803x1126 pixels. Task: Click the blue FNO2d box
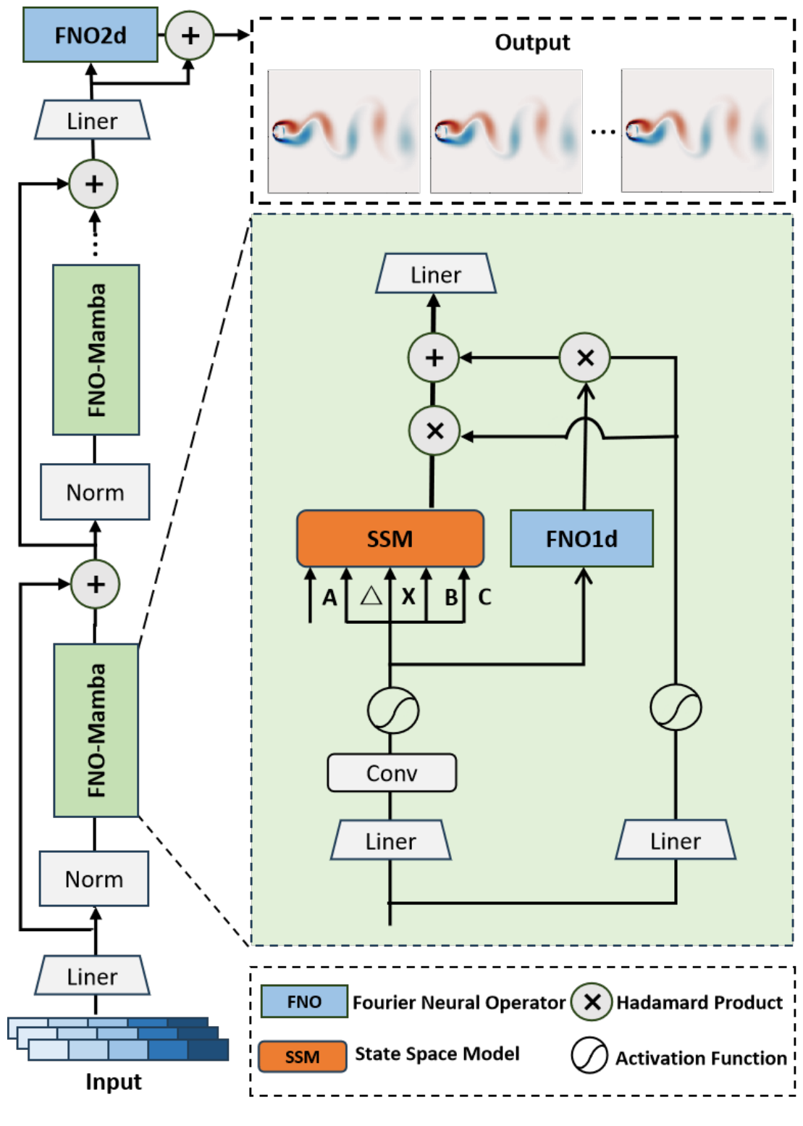(91, 35)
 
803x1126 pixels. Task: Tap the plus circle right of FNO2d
(190, 36)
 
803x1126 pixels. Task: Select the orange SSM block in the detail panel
(390, 538)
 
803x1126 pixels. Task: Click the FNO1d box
(581, 538)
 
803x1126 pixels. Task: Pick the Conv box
(392, 773)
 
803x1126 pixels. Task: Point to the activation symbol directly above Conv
(392, 710)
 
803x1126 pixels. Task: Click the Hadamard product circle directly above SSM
(434, 431)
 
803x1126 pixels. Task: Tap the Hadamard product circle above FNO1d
(585, 358)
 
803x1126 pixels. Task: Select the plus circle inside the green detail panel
(434, 358)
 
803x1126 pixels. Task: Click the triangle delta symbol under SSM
(371, 596)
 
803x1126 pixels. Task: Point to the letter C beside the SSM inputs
(484, 597)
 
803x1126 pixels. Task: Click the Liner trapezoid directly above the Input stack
(92, 976)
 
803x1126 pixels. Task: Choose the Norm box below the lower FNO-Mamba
(94, 879)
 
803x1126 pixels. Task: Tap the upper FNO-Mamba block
(96, 350)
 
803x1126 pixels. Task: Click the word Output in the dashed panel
(532, 43)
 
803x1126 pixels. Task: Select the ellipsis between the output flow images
(602, 132)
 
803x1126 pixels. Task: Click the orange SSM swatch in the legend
(303, 1056)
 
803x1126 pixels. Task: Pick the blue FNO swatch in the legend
(304, 1001)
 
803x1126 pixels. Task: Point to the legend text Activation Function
(700, 1058)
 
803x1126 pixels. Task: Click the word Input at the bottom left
(114, 1081)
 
